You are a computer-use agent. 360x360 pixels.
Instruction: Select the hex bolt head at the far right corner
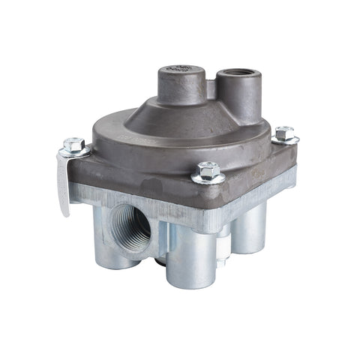pyautogui.click(x=284, y=133)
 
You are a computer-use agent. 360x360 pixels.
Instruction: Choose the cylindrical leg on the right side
pyautogui.click(x=252, y=224)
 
